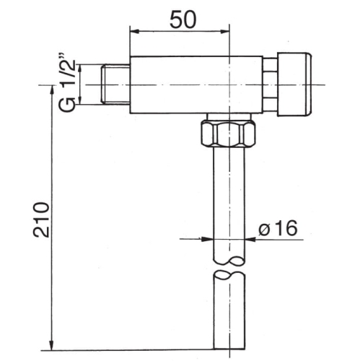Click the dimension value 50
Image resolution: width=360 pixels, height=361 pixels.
click(183, 19)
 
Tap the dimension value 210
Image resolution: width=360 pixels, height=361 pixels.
click(41, 219)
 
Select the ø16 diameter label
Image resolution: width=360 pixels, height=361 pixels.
click(278, 228)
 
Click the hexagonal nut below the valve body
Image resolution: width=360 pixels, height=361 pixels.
click(228, 134)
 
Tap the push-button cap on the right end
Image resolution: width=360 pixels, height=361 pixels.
click(294, 84)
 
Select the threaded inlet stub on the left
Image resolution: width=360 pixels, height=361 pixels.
click(115, 84)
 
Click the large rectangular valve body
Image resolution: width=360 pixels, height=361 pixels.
click(196, 84)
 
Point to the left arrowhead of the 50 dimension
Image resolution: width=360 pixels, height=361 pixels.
click(134, 31)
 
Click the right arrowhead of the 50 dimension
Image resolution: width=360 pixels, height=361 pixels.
click(224, 31)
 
